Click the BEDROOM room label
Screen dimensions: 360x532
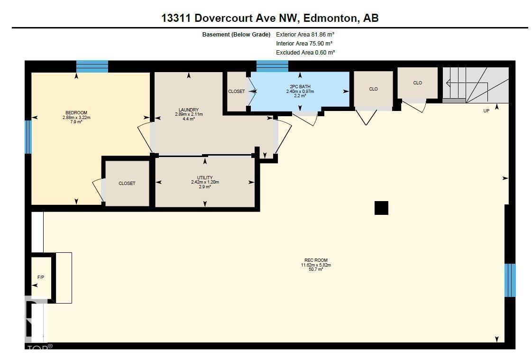(x=76, y=113)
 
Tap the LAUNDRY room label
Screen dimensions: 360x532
(x=189, y=110)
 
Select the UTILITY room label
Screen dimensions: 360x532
(x=205, y=178)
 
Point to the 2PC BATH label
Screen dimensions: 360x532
(x=300, y=87)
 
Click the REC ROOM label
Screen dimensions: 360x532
(x=316, y=260)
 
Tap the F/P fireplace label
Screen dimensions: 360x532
(x=40, y=277)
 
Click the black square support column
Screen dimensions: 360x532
(x=381, y=208)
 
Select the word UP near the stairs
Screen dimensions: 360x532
(x=486, y=111)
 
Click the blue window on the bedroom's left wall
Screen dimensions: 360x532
(x=28, y=137)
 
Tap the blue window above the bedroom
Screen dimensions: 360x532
(x=92, y=66)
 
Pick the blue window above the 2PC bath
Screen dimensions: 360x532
(x=272, y=66)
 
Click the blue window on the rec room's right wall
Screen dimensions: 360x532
(x=510, y=280)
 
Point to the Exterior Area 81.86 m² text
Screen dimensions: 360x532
(x=306, y=35)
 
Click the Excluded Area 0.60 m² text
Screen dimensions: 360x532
(x=306, y=53)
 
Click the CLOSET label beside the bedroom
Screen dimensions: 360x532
(x=127, y=184)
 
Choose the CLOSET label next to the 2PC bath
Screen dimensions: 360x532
(x=236, y=92)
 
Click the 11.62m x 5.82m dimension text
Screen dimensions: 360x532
(x=316, y=265)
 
